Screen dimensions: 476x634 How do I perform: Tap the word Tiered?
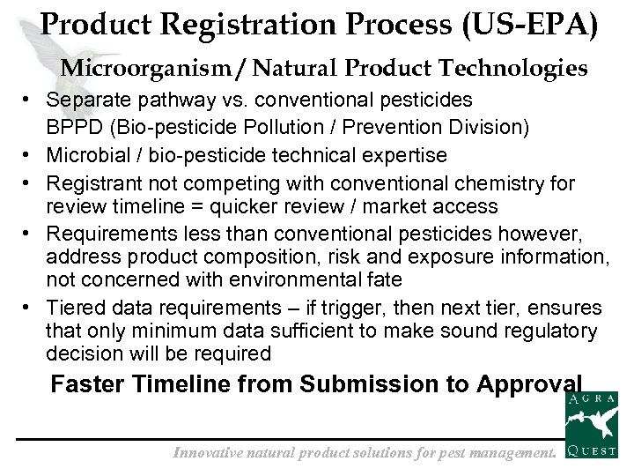(73, 308)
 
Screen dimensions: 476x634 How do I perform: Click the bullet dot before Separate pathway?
(29, 100)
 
